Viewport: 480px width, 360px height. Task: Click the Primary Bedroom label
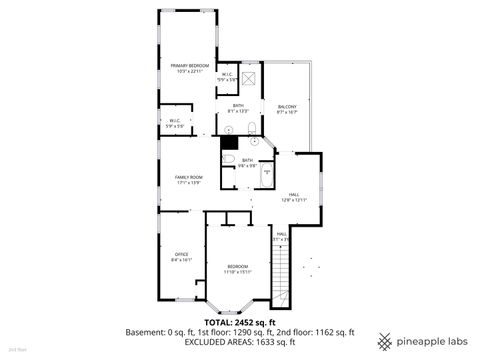coord(189,66)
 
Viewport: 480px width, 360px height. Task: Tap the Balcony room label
coord(288,107)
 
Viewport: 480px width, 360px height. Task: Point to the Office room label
coord(182,254)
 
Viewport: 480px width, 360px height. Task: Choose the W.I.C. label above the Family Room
coord(175,122)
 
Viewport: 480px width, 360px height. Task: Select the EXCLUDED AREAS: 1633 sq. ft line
coord(239,342)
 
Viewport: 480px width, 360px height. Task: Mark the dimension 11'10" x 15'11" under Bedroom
coord(238,271)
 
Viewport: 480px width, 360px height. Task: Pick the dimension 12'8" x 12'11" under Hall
coord(294,201)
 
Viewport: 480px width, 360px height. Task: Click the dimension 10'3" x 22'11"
coord(189,72)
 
